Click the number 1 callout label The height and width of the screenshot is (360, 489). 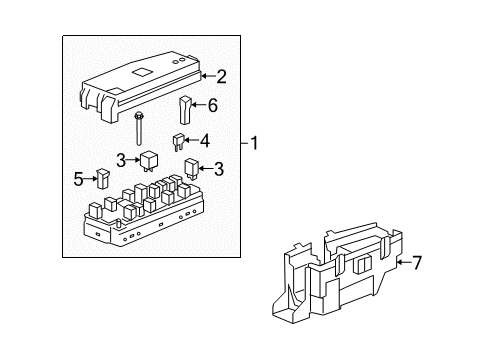point(255,143)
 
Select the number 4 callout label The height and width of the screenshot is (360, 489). point(204,140)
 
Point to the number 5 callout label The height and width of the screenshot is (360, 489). point(77,179)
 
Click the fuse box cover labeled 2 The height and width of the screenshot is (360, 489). point(141,84)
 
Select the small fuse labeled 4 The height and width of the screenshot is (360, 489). point(178,142)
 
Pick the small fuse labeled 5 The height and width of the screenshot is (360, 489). point(103,178)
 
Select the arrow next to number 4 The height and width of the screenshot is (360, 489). point(191,141)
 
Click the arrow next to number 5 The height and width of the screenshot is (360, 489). point(89,179)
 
